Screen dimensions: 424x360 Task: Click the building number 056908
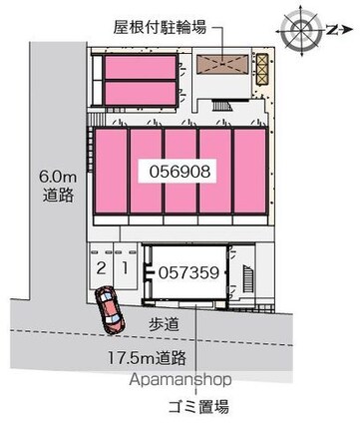point(181,172)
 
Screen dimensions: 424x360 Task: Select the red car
point(109,310)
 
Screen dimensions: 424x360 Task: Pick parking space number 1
point(122,269)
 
